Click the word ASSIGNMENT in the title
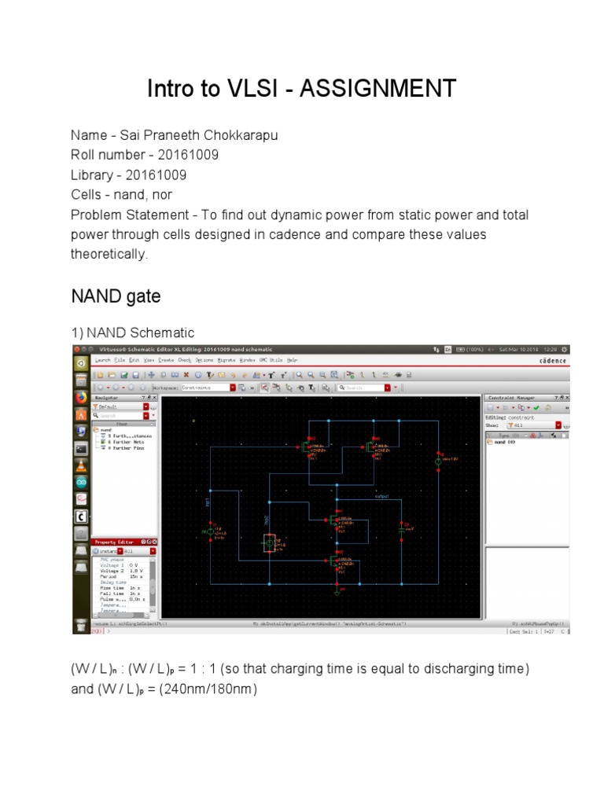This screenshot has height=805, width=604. (x=384, y=89)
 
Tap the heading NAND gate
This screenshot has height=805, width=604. (x=116, y=296)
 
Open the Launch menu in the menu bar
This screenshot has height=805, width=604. (x=103, y=359)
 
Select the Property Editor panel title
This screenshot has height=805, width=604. (x=115, y=542)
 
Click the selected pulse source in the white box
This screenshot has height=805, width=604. (x=268, y=544)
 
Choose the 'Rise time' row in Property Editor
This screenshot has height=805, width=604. (x=109, y=587)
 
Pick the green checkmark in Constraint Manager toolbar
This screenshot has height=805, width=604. (x=536, y=408)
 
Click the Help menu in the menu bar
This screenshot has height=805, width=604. (x=293, y=359)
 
